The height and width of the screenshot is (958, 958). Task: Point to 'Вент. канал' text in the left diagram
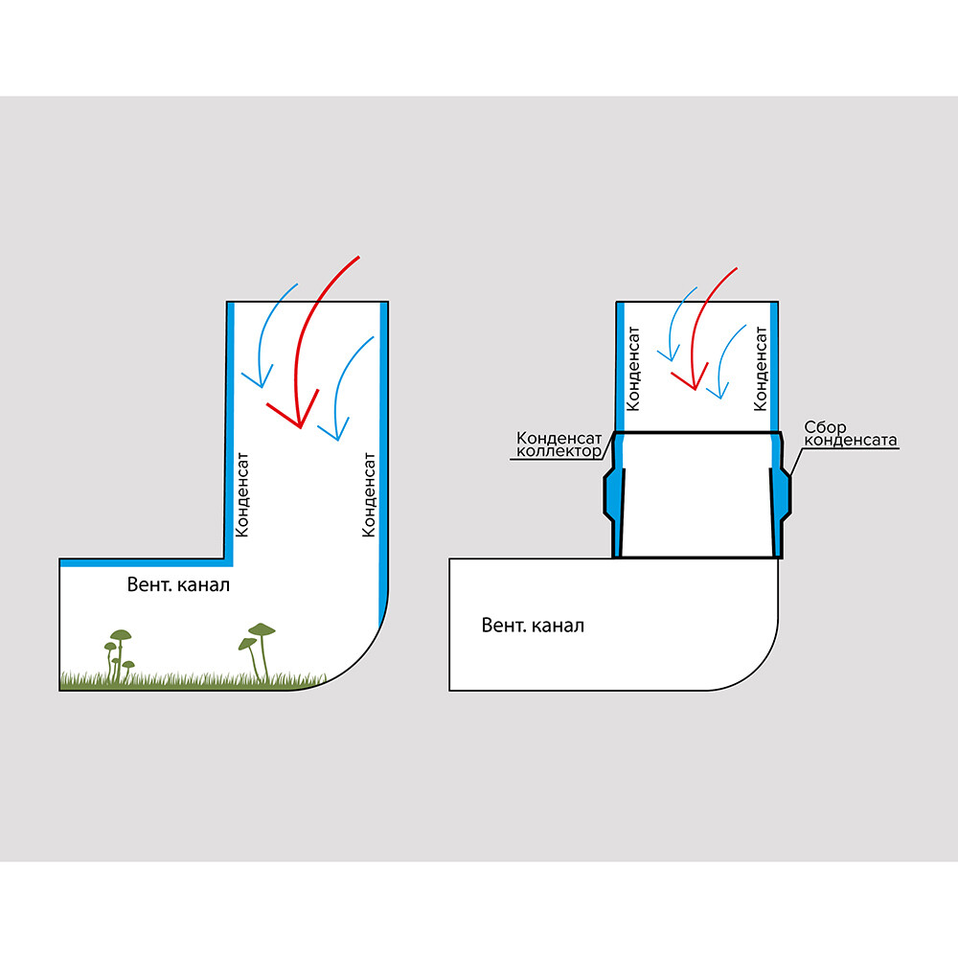[178, 584]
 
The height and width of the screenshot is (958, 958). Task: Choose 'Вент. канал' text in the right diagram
[533, 626]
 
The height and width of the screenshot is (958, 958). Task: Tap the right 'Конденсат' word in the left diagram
[369, 493]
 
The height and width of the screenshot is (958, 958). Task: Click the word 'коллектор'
[559, 450]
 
